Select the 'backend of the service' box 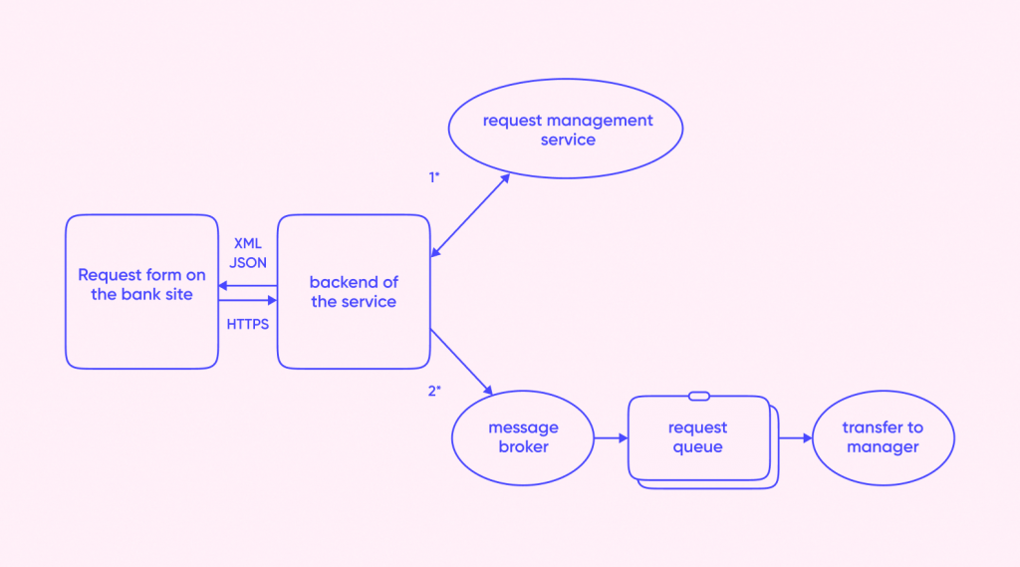(353, 291)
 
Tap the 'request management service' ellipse (566, 131)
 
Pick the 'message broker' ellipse (523, 437)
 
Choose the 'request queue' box (698, 437)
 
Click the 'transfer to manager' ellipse (883, 437)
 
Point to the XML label (247, 243)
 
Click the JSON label (247, 263)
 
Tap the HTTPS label (247, 324)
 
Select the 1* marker (433, 177)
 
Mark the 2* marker (433, 391)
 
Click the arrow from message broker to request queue (610, 437)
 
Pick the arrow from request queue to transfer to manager (795, 437)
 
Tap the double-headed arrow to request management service (470, 215)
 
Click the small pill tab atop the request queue (698, 396)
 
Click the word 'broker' (523, 447)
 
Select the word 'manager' (883, 447)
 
